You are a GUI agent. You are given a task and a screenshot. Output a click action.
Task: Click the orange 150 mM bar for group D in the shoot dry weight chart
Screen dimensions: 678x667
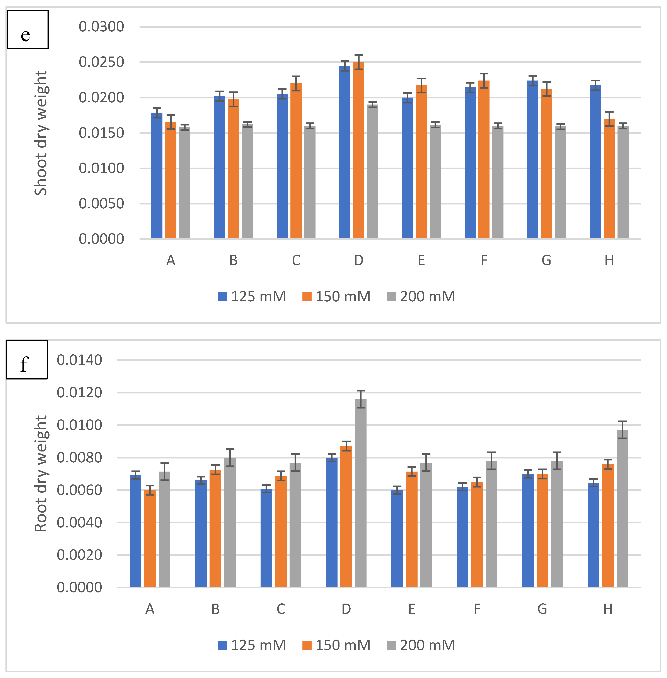[x=358, y=151]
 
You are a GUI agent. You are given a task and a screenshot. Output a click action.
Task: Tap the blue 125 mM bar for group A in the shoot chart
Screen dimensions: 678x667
[x=157, y=175]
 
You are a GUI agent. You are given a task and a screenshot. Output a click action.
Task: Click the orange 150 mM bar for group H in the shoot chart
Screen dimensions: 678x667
[x=609, y=179]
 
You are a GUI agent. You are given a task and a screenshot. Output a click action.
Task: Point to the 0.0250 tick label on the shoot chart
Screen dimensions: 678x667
[x=101, y=62]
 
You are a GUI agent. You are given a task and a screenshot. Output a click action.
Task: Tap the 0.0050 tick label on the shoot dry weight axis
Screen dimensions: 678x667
[x=101, y=203]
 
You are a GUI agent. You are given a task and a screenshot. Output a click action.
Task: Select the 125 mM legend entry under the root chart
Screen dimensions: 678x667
[x=252, y=645]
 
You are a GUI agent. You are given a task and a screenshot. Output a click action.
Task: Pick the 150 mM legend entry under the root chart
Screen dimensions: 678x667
[x=336, y=645]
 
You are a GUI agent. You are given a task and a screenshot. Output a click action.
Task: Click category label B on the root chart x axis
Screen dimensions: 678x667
[x=215, y=609]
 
